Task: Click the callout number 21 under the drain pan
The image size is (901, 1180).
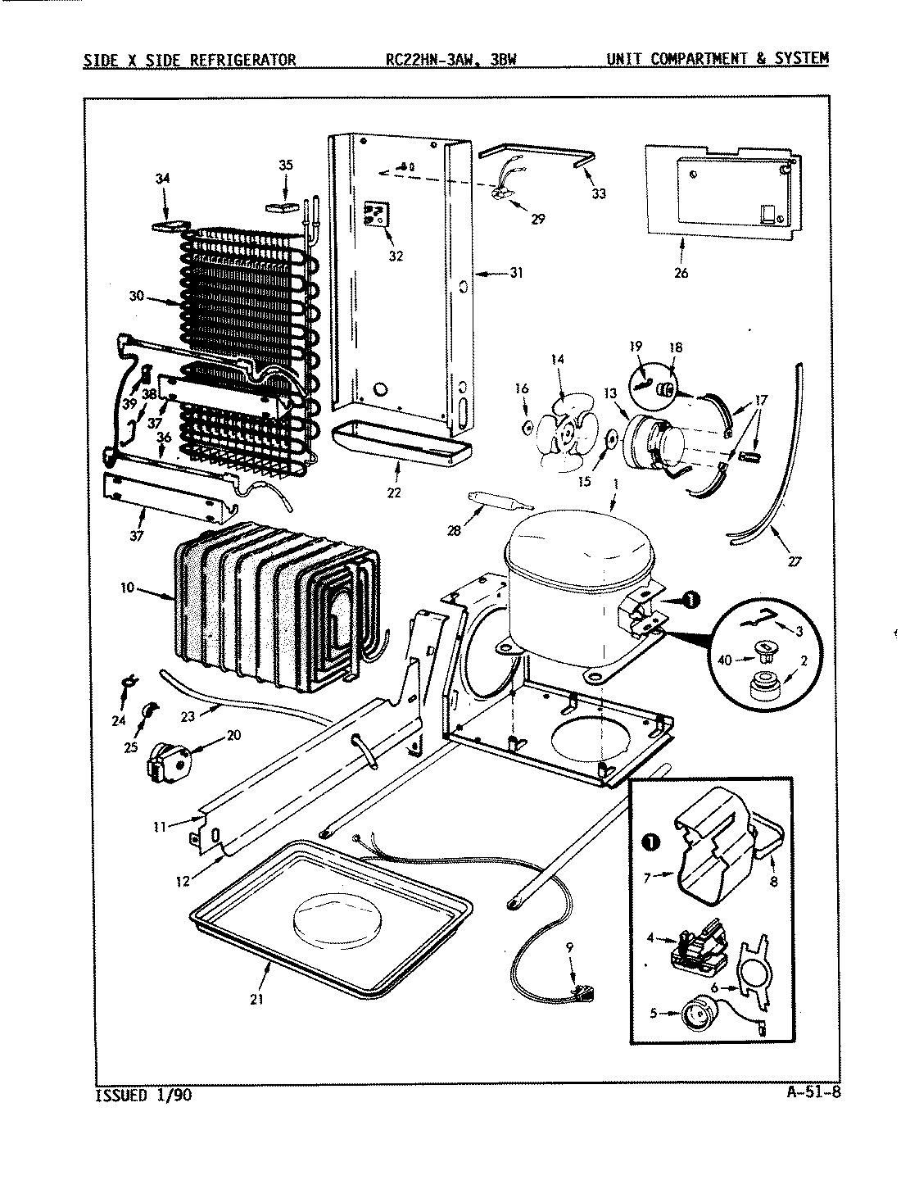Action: pos(256,1000)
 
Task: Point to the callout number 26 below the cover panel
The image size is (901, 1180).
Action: pos(681,273)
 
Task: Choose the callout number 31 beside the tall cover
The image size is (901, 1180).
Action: pos(515,273)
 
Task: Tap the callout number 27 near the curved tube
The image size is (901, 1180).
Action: pos(794,561)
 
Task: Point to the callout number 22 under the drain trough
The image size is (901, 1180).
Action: pos(395,492)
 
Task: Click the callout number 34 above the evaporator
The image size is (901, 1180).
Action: pos(162,178)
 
